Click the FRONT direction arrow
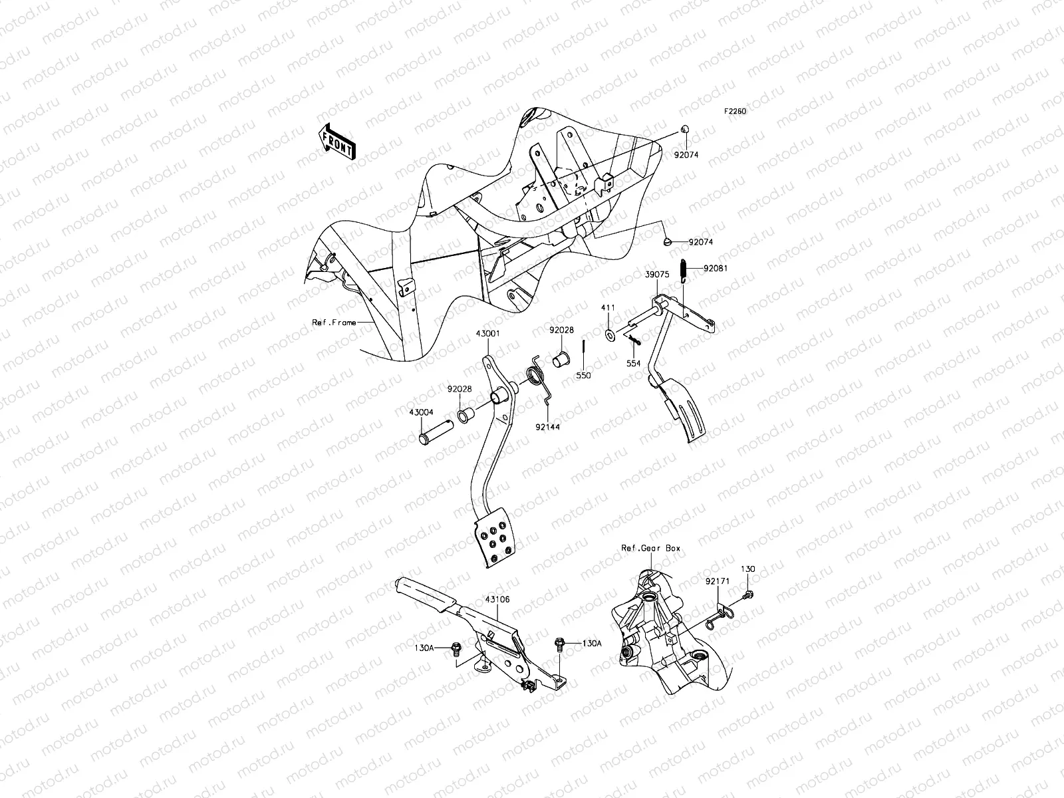(337, 141)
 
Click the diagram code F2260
(735, 112)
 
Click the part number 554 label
(634, 364)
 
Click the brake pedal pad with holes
(494, 537)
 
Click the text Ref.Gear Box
(650, 549)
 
